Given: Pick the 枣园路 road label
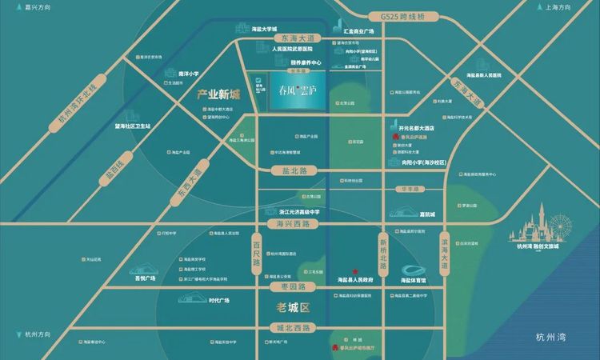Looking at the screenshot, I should [284, 286].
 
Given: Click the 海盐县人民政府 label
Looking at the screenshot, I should [356, 280].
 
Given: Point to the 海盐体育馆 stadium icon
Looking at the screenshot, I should [418, 270].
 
